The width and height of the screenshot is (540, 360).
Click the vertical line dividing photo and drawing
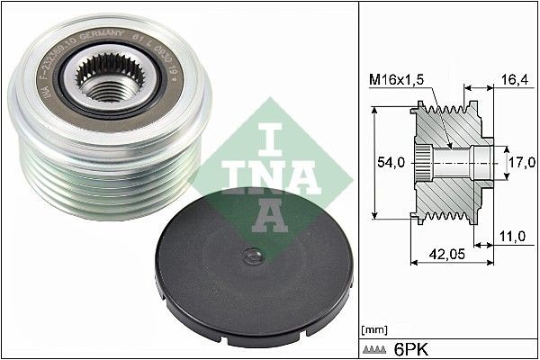pyautogui.click(x=358, y=180)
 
